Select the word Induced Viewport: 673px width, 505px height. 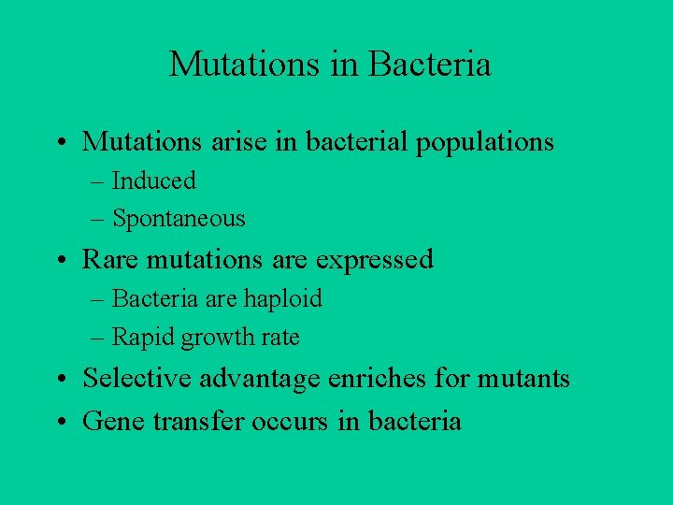153,180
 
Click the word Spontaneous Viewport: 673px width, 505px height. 179,219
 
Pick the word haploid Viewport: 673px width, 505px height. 282,298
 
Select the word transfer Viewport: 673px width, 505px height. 195,421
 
